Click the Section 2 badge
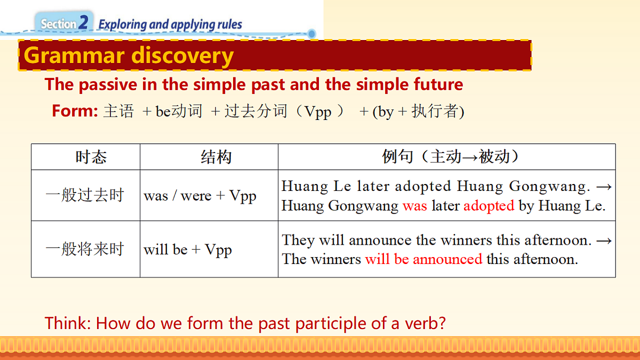point(65,23)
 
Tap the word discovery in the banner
point(182,55)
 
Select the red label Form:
point(75,111)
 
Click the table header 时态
point(91,157)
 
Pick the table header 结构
point(216,157)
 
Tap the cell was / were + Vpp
point(200,196)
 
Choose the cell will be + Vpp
point(188,250)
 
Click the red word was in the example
point(415,206)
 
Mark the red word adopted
point(489,206)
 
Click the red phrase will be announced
point(423,260)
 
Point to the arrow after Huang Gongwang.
point(604,187)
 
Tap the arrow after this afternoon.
point(604,241)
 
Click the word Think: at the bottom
point(68,323)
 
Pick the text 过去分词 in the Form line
point(255,111)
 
